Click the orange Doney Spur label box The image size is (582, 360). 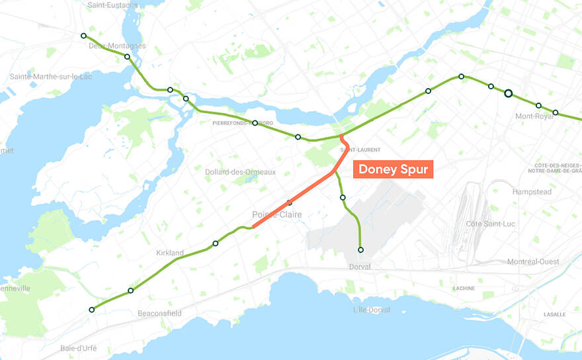(393, 169)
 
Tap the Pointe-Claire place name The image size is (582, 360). (276, 214)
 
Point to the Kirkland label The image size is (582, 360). (170, 253)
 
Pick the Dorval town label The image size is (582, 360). (361, 267)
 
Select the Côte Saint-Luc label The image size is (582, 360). (492, 224)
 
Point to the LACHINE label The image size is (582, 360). (464, 289)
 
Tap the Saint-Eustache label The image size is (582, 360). (112, 5)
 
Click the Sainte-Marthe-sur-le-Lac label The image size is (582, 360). (51, 77)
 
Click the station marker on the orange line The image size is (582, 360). (289, 202)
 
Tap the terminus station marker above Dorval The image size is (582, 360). (360, 250)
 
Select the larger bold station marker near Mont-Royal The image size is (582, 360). (508, 93)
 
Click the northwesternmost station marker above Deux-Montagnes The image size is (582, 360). (83, 36)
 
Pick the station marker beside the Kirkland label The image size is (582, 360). (216, 244)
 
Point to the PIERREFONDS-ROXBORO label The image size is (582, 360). (242, 123)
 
